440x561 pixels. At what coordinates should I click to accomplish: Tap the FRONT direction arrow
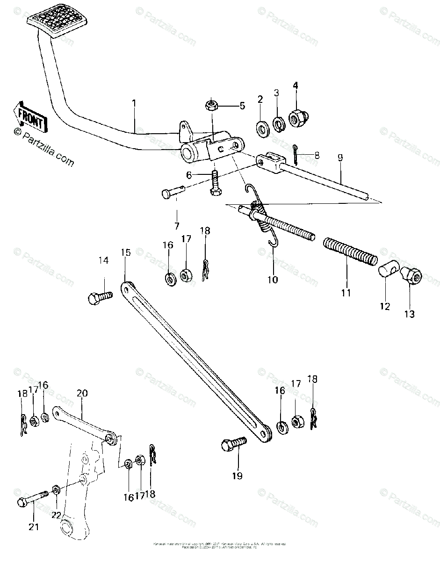pos(31,117)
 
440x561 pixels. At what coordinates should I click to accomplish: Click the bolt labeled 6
pos(215,184)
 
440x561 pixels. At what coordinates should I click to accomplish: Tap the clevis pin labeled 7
pos(173,192)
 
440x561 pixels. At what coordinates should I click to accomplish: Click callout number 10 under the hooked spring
pos(273,280)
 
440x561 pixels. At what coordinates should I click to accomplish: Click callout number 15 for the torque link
pos(126,253)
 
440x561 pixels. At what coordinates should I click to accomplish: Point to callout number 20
pos(82,394)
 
